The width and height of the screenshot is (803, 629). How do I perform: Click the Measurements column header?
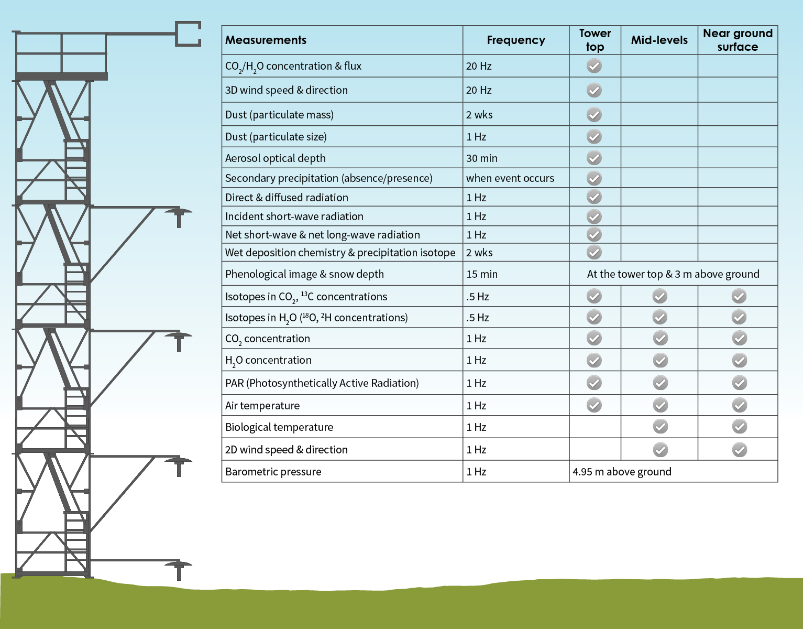click(266, 40)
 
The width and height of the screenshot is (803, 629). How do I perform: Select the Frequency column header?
click(515, 40)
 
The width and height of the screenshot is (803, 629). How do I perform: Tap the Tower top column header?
click(595, 40)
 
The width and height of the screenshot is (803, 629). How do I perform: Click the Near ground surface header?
click(737, 40)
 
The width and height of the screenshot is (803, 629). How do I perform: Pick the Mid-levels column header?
click(659, 40)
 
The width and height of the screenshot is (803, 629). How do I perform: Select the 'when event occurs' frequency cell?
click(510, 178)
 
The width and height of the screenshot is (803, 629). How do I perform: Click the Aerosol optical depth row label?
click(276, 158)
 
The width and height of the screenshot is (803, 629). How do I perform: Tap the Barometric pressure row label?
click(273, 472)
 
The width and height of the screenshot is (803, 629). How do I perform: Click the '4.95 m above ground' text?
click(622, 472)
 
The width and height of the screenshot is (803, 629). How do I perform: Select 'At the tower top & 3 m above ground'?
click(673, 274)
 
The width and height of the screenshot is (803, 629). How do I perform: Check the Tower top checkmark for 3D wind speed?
click(594, 90)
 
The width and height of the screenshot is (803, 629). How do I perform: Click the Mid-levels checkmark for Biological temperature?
click(660, 427)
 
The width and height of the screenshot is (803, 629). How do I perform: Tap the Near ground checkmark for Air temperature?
click(739, 405)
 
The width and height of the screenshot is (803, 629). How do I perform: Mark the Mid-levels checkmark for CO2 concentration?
click(660, 339)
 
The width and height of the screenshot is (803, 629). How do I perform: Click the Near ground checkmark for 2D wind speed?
click(739, 450)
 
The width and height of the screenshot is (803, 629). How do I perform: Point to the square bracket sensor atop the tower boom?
click(188, 34)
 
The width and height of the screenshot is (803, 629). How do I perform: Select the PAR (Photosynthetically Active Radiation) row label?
click(322, 383)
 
